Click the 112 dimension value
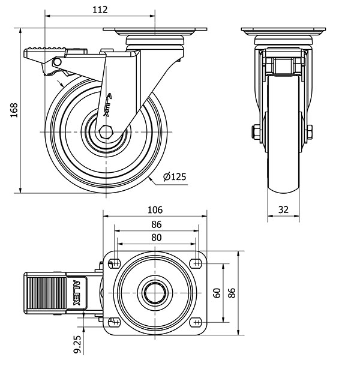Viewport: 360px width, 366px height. point(100,10)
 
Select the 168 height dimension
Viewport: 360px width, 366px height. point(14,110)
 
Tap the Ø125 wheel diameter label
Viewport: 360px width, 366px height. point(175,176)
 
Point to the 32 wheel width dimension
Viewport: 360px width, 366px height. point(283,209)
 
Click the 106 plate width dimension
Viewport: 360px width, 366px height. point(155,210)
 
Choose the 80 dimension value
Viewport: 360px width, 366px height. point(156,238)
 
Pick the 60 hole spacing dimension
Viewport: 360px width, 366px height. point(217,293)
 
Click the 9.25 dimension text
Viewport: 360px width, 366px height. point(77,344)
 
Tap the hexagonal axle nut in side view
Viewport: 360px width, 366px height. point(106,132)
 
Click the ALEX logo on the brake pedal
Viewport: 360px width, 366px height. point(77,293)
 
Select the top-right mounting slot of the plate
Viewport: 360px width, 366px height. point(196,263)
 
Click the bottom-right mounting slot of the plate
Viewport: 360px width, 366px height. point(196,322)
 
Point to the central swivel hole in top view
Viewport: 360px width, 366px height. point(155,293)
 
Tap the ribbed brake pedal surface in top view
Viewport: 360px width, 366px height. point(46,293)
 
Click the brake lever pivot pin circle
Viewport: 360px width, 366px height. point(57,62)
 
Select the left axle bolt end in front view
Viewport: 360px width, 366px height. point(256,133)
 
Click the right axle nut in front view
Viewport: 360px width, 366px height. point(309,133)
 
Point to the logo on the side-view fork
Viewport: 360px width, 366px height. point(108,104)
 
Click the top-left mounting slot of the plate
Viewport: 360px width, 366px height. point(114,263)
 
